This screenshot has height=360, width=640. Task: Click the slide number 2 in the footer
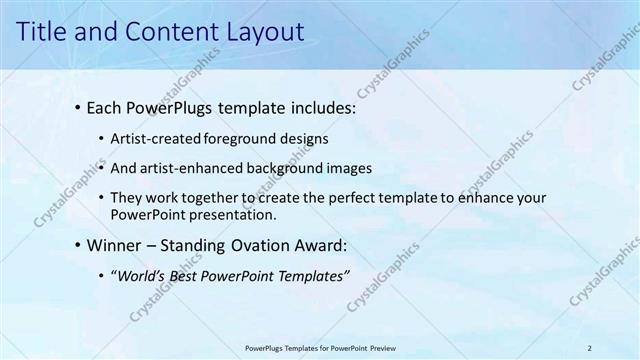[591, 347]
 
